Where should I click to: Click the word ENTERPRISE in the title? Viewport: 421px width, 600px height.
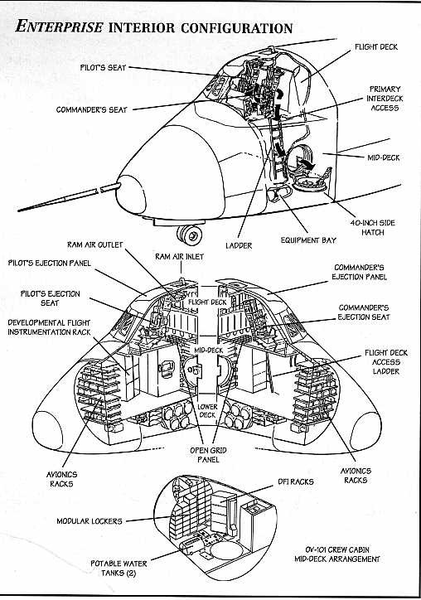click(x=60, y=27)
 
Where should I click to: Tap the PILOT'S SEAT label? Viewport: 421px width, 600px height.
click(x=103, y=68)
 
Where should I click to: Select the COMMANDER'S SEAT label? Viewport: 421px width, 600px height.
click(x=91, y=110)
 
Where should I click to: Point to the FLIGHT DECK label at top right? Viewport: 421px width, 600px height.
click(x=376, y=47)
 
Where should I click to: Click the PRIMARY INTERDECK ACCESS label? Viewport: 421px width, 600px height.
click(x=385, y=99)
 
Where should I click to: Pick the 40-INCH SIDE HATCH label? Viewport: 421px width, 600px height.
click(x=372, y=228)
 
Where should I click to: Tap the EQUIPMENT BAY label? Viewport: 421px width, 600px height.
click(x=308, y=240)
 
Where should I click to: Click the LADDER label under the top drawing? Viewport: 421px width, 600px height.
click(x=239, y=245)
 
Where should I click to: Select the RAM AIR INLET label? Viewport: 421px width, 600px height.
click(x=180, y=257)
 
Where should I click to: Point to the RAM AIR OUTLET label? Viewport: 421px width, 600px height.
click(x=95, y=245)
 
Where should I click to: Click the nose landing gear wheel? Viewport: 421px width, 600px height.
click(x=191, y=235)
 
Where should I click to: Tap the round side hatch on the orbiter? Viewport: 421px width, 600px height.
click(x=310, y=184)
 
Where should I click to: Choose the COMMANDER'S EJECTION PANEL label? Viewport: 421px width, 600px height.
click(x=360, y=272)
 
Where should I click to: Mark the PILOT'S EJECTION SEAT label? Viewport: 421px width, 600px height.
click(x=50, y=298)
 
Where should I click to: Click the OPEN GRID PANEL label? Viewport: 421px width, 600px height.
click(x=208, y=455)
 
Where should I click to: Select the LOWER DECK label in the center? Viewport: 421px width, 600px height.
click(x=207, y=410)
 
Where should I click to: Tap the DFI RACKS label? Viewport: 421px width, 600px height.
click(x=296, y=481)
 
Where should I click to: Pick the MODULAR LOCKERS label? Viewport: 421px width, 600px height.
click(x=90, y=521)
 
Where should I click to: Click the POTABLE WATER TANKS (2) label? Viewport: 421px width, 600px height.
click(x=119, y=569)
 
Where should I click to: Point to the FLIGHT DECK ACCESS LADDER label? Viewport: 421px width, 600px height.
click(x=386, y=362)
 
